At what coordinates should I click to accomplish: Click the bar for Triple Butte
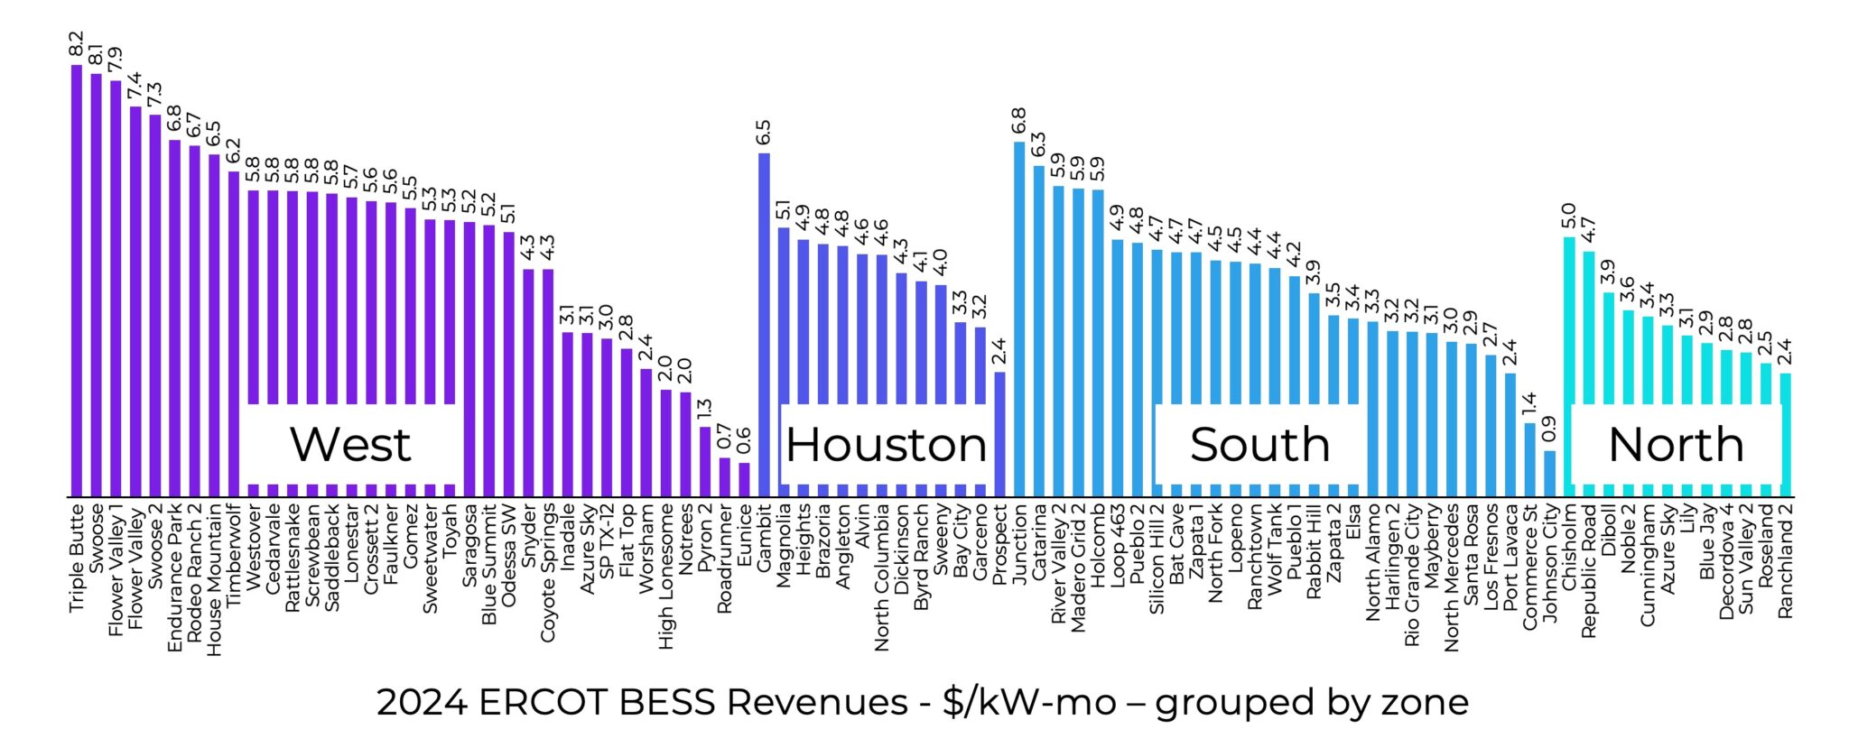click(x=77, y=280)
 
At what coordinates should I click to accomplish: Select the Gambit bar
click(x=764, y=325)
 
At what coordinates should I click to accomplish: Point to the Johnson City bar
click(x=1549, y=474)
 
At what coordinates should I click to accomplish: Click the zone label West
click(x=350, y=445)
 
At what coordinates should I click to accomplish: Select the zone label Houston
click(x=886, y=445)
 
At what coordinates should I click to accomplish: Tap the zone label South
click(x=1259, y=445)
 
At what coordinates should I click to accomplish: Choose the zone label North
click(x=1676, y=445)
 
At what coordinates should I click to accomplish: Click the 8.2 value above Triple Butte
click(x=77, y=45)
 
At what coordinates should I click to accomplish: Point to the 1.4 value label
click(x=1529, y=405)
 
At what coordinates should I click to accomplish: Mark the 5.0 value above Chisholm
click(x=1569, y=217)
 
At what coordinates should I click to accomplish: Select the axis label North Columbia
click(x=882, y=577)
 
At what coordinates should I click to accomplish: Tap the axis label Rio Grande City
click(x=1412, y=575)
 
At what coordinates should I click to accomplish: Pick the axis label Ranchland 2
click(x=1785, y=561)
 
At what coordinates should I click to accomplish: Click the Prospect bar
click(x=999, y=434)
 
